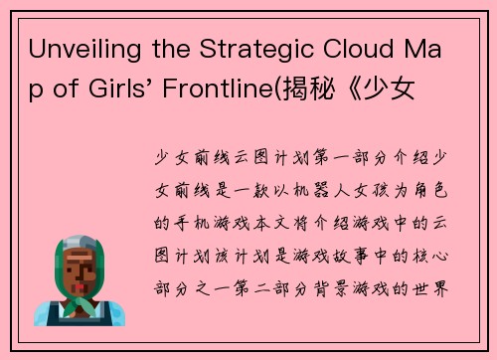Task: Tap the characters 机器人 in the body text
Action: pos(297,186)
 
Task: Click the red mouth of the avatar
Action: pos(79,285)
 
